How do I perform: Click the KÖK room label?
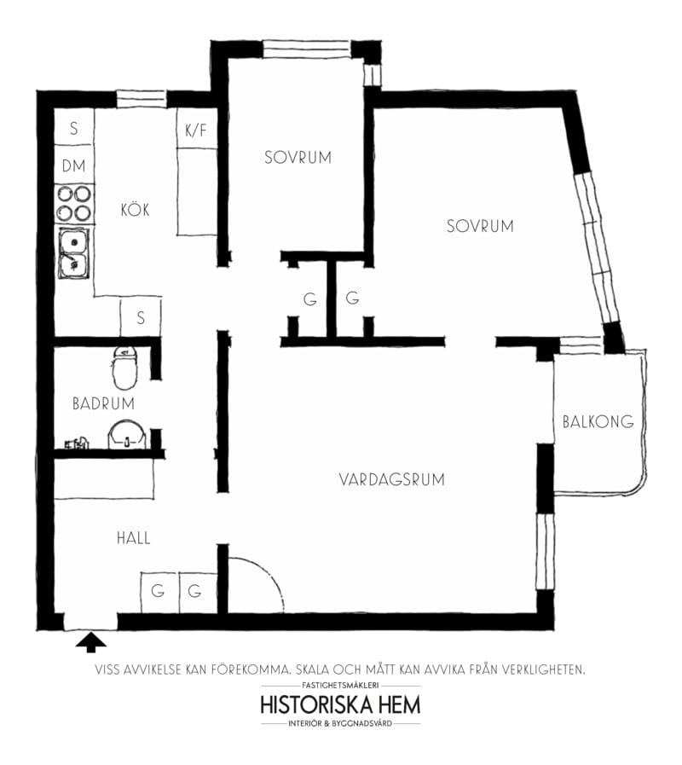[x=135, y=209]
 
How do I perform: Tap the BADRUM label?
[x=103, y=403]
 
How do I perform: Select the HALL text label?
[x=133, y=538]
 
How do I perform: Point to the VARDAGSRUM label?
[x=391, y=479]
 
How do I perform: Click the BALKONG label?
[x=598, y=421]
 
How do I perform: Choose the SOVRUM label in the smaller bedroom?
[x=297, y=158]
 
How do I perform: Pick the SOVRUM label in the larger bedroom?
[x=480, y=226]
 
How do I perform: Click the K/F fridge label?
[x=196, y=131]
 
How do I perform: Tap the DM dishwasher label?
[x=73, y=166]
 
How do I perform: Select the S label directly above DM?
[x=74, y=130]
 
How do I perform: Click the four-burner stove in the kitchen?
[x=73, y=204]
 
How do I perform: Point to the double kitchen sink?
[x=73, y=253]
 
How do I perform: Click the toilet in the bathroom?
[x=124, y=366]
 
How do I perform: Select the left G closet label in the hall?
[x=158, y=590]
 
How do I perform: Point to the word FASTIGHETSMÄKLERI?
[x=340, y=686]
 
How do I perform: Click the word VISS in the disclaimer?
[x=109, y=669]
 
